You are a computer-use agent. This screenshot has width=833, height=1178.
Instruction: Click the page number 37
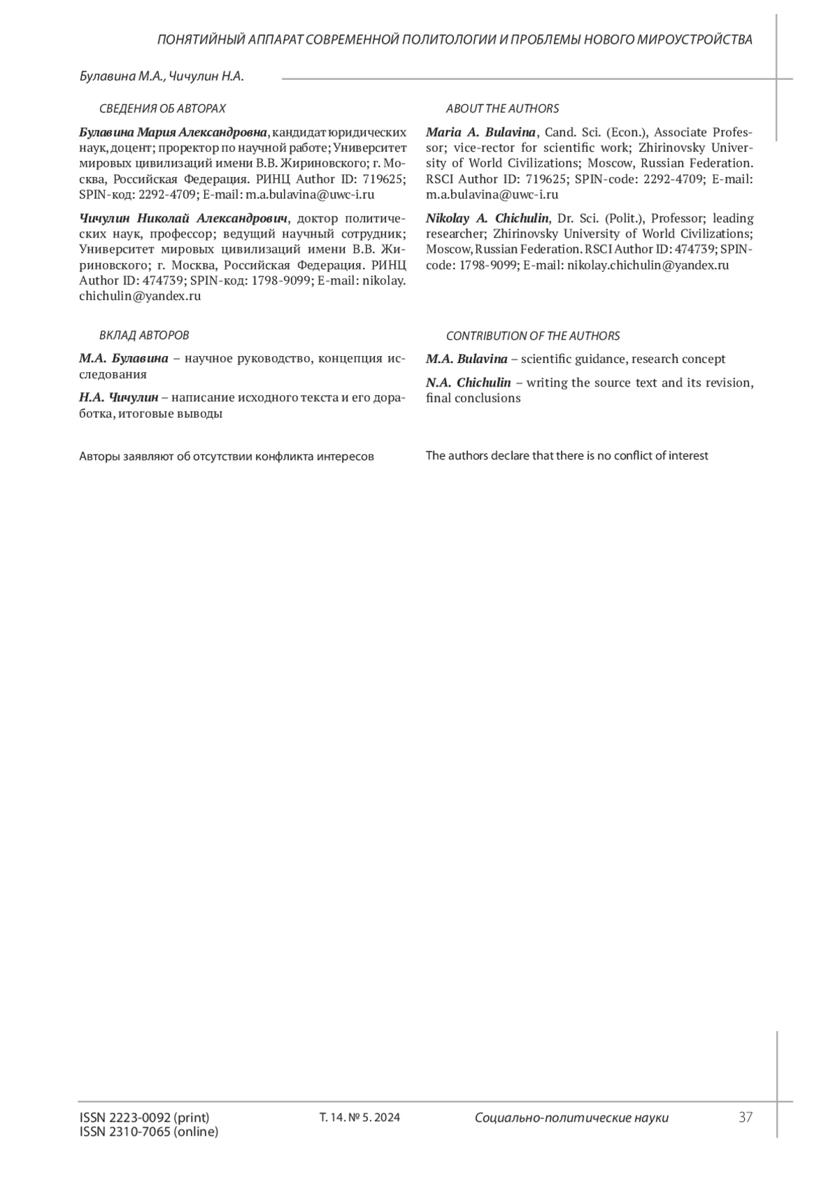click(x=746, y=1117)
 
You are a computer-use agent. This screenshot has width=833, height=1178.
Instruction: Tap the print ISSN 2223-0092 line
click(x=144, y=1117)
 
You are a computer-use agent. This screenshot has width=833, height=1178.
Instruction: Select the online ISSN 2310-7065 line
click(x=149, y=1131)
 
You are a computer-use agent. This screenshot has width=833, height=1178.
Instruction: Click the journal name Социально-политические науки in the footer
click(x=571, y=1118)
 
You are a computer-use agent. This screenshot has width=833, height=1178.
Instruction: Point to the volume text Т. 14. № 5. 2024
click(x=359, y=1118)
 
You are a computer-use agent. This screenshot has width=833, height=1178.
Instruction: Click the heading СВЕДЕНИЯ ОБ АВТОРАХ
click(x=162, y=108)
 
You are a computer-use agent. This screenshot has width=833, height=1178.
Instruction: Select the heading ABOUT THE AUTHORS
click(x=502, y=108)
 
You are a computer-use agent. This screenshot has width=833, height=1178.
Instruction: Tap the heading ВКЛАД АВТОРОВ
click(x=144, y=335)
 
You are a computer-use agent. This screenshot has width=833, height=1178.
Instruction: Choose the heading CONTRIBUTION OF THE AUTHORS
click(x=532, y=336)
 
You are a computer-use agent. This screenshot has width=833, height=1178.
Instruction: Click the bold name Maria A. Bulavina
click(x=480, y=132)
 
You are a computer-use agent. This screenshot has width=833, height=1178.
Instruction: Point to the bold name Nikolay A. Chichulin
click(x=487, y=218)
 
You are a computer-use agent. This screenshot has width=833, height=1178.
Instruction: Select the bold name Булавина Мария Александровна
click(x=173, y=132)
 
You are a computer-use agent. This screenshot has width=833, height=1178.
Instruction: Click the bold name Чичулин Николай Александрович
click(x=183, y=218)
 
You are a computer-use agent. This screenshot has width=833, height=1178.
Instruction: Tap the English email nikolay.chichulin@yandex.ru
click(x=648, y=264)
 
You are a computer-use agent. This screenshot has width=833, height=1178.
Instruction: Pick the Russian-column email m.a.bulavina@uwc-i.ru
click(x=310, y=194)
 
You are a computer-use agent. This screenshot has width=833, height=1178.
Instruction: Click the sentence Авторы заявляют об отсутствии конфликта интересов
click(x=226, y=456)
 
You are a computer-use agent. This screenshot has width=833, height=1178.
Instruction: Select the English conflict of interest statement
click(x=566, y=456)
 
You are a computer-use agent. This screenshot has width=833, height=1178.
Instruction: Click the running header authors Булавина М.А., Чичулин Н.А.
click(x=162, y=76)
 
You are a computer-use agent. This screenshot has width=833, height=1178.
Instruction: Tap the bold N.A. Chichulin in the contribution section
click(x=468, y=382)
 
